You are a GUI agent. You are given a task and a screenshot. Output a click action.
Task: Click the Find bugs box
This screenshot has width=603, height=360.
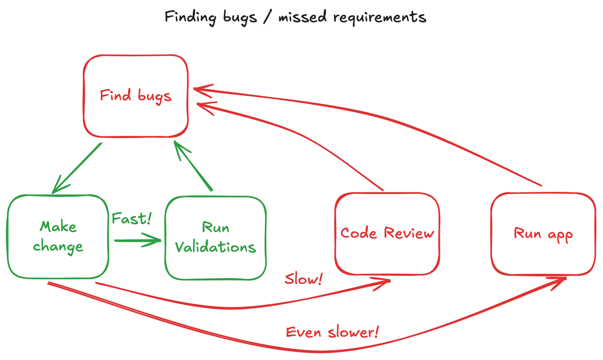[x=136, y=96]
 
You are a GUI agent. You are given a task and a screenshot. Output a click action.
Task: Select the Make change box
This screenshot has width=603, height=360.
[x=58, y=237]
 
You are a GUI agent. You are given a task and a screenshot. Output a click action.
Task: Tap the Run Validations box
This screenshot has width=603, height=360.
[x=215, y=238]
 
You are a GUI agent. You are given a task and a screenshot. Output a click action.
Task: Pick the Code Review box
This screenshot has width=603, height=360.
[x=387, y=233]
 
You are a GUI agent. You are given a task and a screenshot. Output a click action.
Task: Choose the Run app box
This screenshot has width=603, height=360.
[x=543, y=234]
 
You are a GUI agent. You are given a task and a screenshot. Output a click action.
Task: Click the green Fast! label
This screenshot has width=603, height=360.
[x=131, y=219]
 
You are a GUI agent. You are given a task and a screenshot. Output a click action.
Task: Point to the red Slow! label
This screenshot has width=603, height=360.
[x=303, y=279]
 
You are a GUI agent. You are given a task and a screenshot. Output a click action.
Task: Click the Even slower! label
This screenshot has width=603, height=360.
[x=332, y=332]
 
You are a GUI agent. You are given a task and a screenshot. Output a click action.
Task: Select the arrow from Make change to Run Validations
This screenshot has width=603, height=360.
[x=138, y=240]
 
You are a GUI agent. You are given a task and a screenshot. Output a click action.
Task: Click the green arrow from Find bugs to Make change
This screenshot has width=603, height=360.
[x=77, y=168]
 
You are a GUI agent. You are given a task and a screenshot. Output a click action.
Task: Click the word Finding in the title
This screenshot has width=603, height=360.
[x=190, y=17]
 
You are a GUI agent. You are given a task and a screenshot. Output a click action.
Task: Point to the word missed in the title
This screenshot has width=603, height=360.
[x=302, y=17]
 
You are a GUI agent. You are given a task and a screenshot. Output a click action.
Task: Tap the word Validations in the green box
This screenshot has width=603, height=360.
[x=215, y=247]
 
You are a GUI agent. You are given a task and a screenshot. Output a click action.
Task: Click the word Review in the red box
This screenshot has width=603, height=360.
[x=409, y=233]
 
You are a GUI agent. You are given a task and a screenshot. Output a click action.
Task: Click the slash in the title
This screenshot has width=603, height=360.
[x=267, y=17]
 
